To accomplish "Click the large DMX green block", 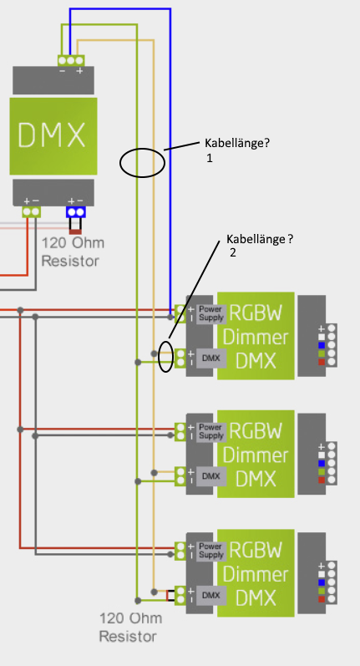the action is coord(53,136).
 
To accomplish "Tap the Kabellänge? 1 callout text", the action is coord(237,150).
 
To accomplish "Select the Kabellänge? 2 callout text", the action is coord(260,245).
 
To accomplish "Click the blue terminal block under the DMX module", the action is coord(75,212).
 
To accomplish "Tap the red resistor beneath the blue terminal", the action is coord(75,232).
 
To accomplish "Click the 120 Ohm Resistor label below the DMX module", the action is coord(72,252).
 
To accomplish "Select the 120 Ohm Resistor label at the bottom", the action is coord(130,627).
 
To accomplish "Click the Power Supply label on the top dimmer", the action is coord(211,313).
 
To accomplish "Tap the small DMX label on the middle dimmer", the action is coord(211,476).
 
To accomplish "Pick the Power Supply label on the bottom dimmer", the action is coord(211,551).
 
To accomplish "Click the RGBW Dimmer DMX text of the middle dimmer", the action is coord(256,455).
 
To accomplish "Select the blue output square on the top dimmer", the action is coord(322,345).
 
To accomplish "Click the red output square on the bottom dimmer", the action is coord(322,599).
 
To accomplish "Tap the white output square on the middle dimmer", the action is coord(322,455).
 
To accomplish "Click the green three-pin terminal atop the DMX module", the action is coord(71,60).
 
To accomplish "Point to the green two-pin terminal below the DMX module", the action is coord(31,212).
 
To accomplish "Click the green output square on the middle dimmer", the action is coord(322,471).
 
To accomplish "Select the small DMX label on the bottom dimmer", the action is coord(211,596).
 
